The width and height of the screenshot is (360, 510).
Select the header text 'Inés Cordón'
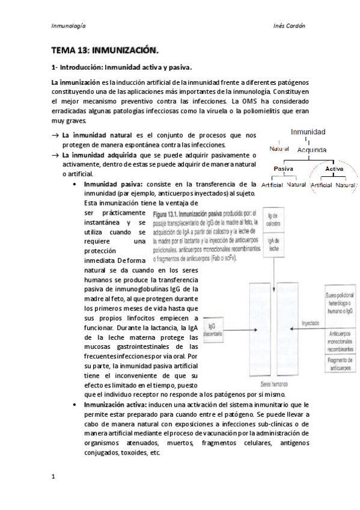pyautogui.click(x=290, y=27)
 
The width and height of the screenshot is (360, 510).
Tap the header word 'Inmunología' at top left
pyautogui.click(x=69, y=27)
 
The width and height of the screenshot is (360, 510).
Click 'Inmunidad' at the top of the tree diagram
pyautogui.click(x=308, y=131)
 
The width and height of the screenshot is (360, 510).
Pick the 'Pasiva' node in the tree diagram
pyautogui.click(x=283, y=170)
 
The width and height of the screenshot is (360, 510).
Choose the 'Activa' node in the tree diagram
pyautogui.click(x=334, y=170)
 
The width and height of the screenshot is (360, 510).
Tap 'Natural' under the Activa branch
pyautogui.click(x=346, y=185)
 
